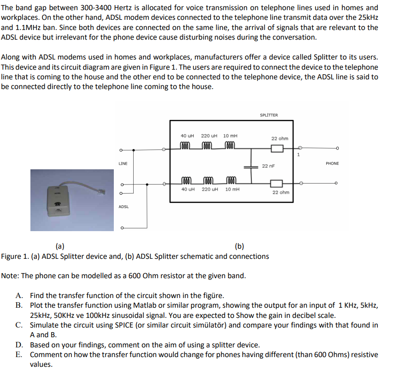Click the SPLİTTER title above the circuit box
pyautogui.click(x=269, y=115)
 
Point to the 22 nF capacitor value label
pyautogui.click(x=268, y=166)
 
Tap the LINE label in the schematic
pyautogui.click(x=123, y=163)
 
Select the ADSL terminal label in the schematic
pyautogui.click(x=123, y=207)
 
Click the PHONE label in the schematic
pyautogui.click(x=332, y=163)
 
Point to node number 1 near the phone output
pyautogui.click(x=298, y=155)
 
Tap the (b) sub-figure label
pyautogui.click(x=239, y=246)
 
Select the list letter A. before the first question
pyautogui.click(x=19, y=296)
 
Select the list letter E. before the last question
pyautogui.click(x=19, y=355)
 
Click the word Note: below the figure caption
pyautogui.click(x=10, y=276)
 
